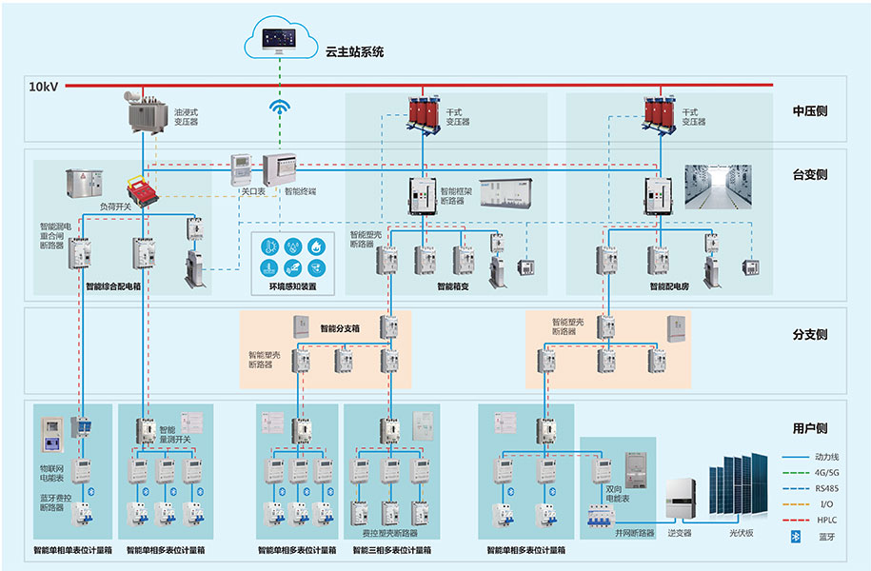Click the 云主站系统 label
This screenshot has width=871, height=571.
click(354, 52)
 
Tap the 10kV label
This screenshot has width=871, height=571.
click(44, 87)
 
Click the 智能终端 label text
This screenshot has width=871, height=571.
click(300, 191)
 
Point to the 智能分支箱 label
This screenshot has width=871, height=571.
click(340, 328)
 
